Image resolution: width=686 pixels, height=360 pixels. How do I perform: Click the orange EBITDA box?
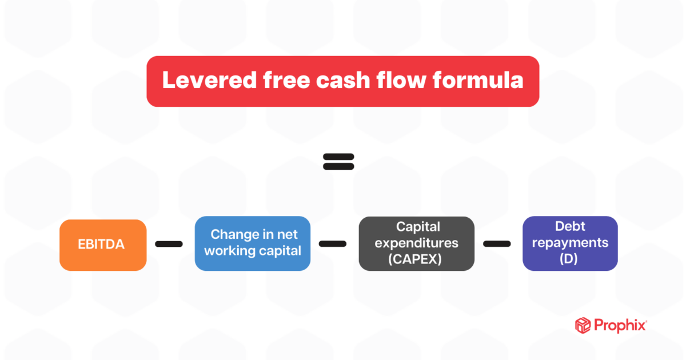click(103, 245)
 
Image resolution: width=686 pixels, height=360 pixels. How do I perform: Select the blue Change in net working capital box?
click(253, 243)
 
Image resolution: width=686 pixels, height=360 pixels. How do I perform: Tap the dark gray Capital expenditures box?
click(416, 243)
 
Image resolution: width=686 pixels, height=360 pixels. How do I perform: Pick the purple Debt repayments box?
click(570, 243)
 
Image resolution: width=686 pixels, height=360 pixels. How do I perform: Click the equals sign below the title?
click(338, 161)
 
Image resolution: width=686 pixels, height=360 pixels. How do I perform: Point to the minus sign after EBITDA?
click(169, 244)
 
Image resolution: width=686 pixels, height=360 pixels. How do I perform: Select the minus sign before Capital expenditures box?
click(333, 244)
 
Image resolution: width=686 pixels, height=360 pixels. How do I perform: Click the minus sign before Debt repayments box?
click(497, 244)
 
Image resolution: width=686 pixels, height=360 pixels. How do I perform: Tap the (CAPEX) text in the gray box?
click(416, 258)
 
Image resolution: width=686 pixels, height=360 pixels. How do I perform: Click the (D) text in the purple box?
click(570, 258)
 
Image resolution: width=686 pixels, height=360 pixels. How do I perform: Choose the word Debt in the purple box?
click(570, 226)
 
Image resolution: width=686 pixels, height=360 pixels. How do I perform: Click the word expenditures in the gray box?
click(416, 242)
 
